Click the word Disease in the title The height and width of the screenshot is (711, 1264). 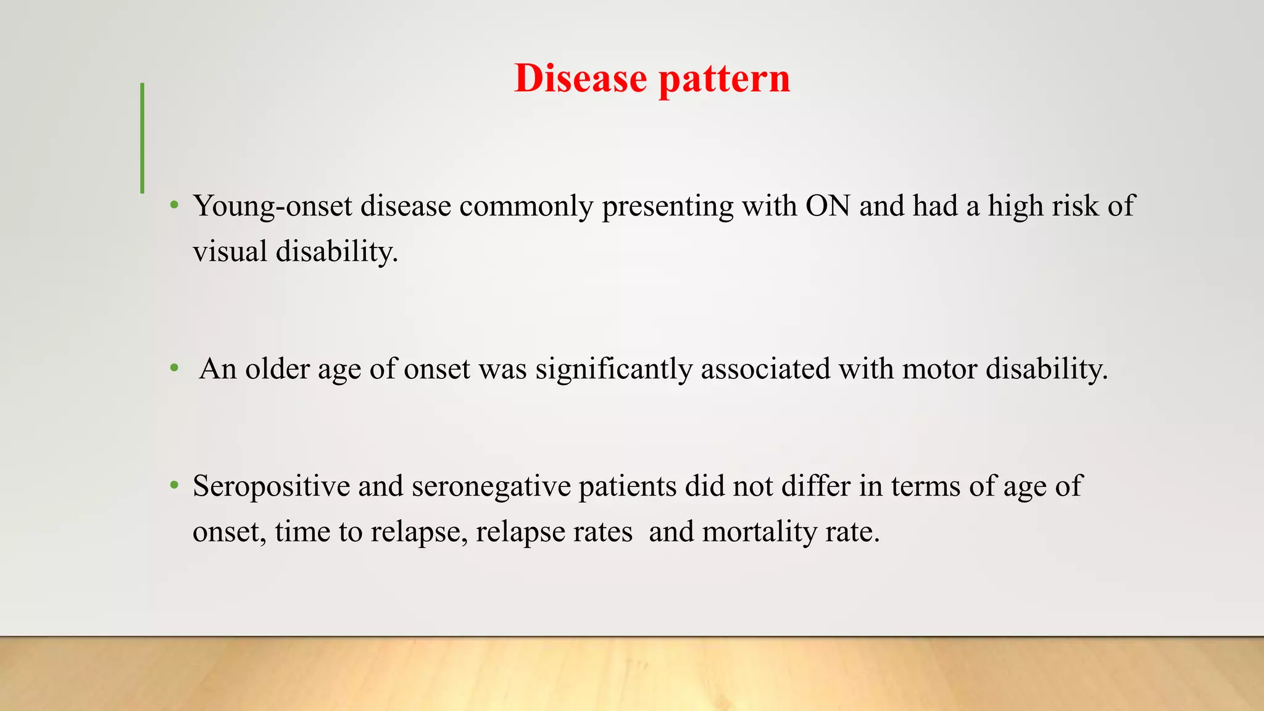coord(580,78)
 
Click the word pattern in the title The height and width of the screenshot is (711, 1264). coord(724,80)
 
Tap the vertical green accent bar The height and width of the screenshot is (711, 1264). coord(143,138)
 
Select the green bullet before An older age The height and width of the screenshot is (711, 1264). coord(175,368)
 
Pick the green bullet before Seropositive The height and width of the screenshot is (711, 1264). coord(175,485)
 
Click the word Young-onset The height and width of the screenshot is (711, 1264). coord(272,206)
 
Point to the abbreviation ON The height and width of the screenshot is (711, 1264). coord(828,206)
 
